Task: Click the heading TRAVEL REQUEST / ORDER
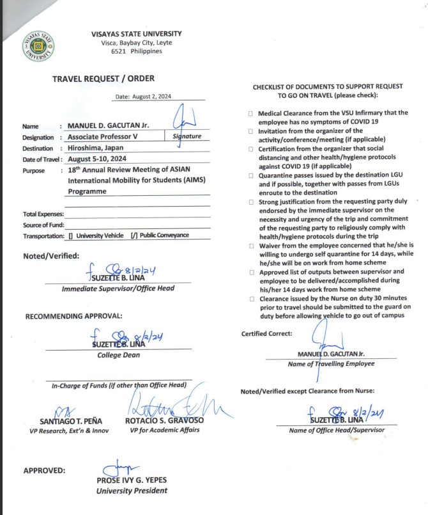tap(103, 79)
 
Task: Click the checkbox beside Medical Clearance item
tap(250, 113)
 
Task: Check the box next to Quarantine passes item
tap(250, 175)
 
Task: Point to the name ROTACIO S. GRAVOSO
tap(156, 422)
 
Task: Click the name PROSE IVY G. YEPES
tap(132, 481)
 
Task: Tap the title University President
tap(132, 491)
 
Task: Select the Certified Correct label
tap(267, 333)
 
